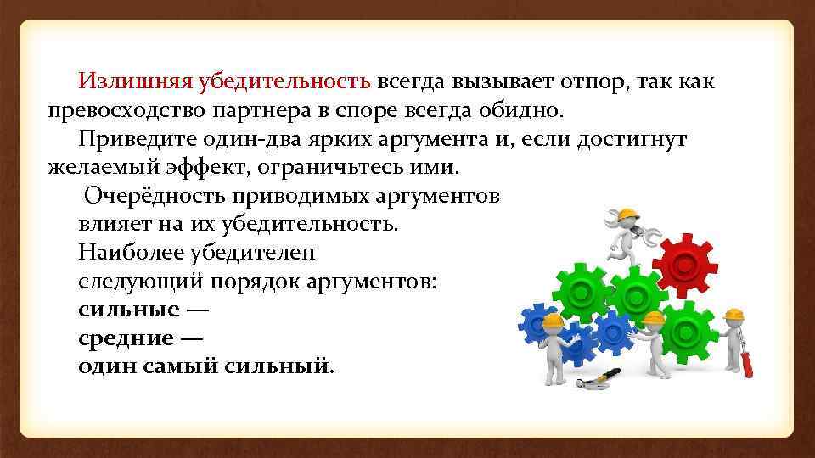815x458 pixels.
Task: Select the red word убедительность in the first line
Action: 284,81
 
